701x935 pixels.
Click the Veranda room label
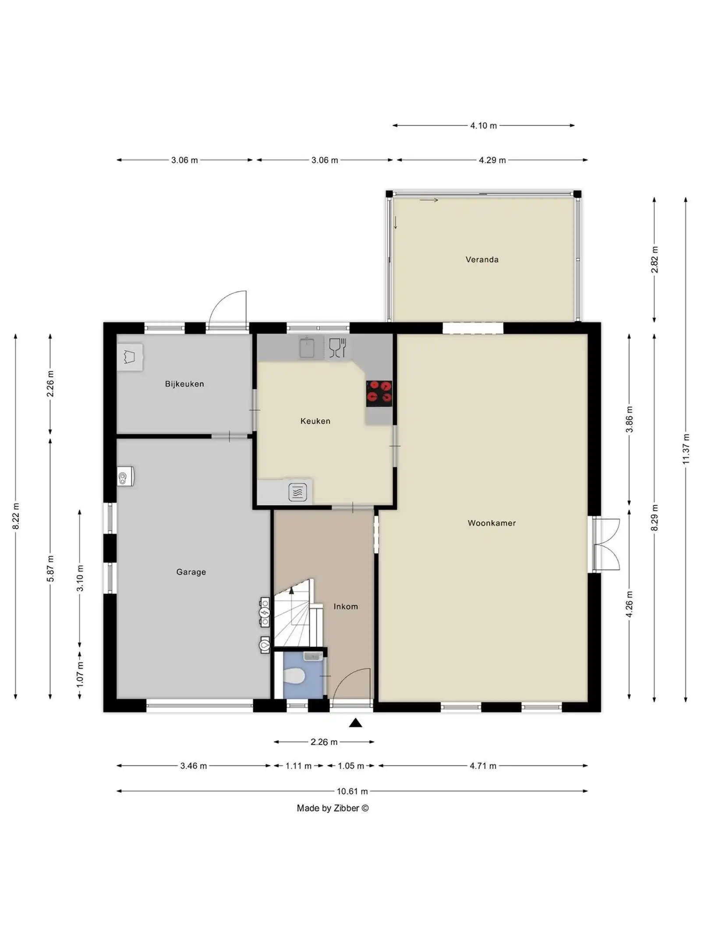[x=481, y=260]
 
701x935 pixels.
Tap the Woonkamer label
[x=491, y=523]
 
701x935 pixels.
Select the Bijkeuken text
[x=184, y=384]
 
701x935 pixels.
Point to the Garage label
[x=191, y=572]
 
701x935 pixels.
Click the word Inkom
[x=345, y=607]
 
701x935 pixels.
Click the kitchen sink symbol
[x=307, y=348]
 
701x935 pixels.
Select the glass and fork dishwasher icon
[x=337, y=348]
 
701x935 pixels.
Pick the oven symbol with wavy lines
[x=297, y=492]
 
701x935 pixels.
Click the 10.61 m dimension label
[x=352, y=791]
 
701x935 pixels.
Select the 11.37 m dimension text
[x=686, y=449]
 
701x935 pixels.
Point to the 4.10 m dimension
[x=483, y=126]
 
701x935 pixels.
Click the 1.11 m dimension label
[x=298, y=766]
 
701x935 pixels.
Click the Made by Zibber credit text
[x=333, y=808]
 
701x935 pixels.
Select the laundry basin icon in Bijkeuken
[x=129, y=356]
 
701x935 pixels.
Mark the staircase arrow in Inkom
[x=291, y=592]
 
